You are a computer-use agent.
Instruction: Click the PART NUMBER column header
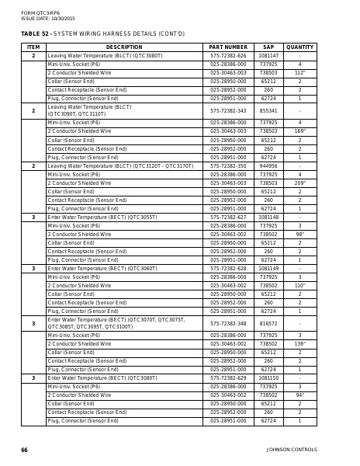227,47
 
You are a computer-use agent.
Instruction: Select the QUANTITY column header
299,47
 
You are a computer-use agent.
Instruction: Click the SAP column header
268,47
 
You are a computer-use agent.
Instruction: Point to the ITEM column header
33,47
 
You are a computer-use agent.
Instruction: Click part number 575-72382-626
227,56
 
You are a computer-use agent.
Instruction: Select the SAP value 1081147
268,56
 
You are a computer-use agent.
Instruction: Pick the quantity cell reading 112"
299,73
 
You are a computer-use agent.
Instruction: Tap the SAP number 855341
268,111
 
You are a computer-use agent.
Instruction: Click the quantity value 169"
299,131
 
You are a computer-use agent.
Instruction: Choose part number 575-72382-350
227,165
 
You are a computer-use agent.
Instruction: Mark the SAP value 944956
268,165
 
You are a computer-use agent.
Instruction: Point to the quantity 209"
299,183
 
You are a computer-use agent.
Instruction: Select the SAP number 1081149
268,268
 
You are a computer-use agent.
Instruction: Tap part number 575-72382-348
227,322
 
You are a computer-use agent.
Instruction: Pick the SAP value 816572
268,322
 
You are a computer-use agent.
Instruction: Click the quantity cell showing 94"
299,395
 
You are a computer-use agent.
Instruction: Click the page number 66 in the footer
25,450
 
